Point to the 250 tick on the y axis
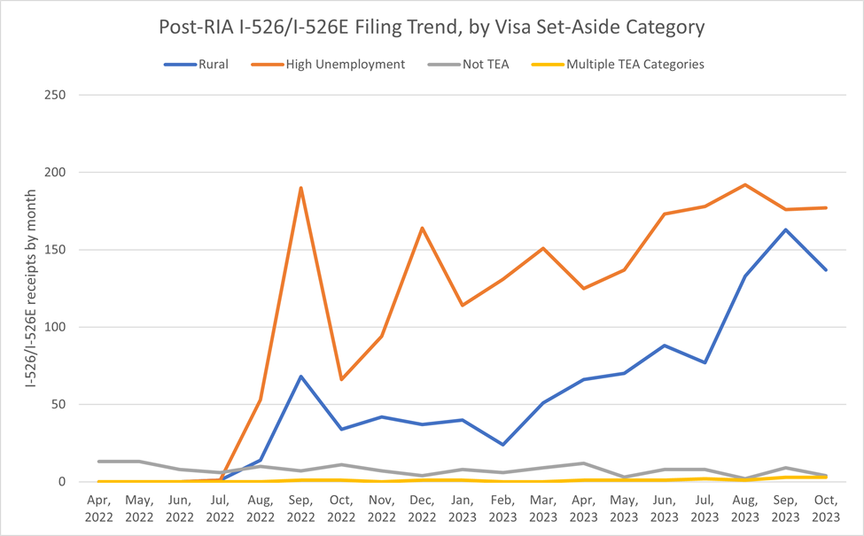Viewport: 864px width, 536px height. point(65,95)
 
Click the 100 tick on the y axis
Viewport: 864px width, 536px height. point(65,327)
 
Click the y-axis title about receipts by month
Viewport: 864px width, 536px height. point(33,288)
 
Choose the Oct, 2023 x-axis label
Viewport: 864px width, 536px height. point(825,509)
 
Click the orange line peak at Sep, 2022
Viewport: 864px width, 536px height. point(301,188)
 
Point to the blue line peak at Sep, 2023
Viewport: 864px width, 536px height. point(785,229)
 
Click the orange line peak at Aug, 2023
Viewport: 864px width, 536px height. point(744,184)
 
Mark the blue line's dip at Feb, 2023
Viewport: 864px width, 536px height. point(503,445)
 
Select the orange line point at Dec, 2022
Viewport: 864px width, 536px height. point(423,228)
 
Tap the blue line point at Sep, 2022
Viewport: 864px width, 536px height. point(301,377)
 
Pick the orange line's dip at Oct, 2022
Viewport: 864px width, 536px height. point(342,379)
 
